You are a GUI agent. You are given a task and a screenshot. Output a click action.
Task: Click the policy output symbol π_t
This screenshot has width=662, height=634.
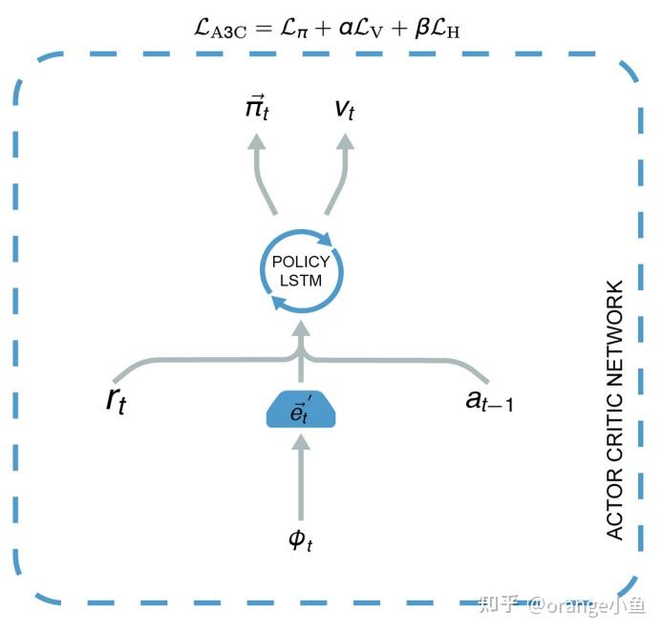point(256,108)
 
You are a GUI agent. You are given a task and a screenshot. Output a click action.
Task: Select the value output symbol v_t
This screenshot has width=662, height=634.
point(345,108)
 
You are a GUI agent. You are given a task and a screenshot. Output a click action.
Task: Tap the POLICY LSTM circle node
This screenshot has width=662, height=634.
point(302,271)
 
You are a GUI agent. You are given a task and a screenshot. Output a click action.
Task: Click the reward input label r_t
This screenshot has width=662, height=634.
point(117,400)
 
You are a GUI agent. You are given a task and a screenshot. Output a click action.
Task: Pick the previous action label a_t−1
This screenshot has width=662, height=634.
point(488,400)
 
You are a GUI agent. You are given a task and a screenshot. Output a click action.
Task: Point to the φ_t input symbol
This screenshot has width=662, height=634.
point(302,539)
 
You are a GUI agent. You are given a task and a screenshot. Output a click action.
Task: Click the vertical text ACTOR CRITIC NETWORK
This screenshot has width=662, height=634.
point(615,410)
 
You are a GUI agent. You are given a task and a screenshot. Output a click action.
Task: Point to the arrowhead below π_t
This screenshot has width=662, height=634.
point(256,142)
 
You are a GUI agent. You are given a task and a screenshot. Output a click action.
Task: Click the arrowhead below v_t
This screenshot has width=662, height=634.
point(345,142)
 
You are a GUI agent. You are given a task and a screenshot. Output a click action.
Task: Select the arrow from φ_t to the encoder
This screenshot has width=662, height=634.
point(302,477)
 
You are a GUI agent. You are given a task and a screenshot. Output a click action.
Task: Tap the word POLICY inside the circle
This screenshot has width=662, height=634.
point(302,262)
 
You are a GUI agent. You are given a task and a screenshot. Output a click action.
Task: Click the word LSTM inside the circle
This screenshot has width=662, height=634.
point(302,280)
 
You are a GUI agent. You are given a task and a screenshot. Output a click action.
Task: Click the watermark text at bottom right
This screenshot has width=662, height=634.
point(563,604)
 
